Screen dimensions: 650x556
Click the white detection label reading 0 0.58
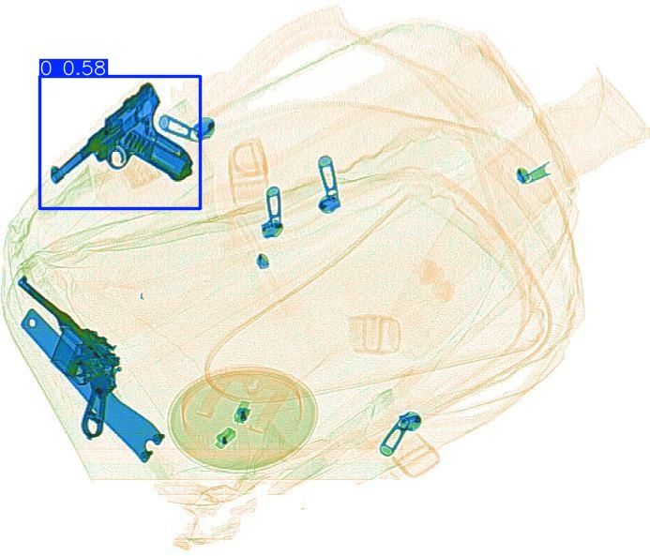coord(74,68)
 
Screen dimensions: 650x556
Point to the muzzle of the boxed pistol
coord(55,174)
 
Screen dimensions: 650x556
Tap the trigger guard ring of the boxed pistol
coord(118,158)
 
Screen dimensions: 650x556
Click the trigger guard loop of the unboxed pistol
coord(93,417)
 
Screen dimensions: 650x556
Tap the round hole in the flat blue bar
coord(32,323)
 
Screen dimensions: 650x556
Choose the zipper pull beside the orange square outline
coord(400,433)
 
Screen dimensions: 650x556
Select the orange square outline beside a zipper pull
coord(416,457)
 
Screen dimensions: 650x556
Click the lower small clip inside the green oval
coord(225,438)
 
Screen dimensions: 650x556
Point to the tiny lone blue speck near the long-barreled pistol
coord(143,296)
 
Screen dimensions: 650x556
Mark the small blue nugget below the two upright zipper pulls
coord(263,261)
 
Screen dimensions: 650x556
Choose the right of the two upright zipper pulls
coord(328,185)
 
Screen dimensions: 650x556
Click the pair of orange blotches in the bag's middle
coord(435,279)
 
